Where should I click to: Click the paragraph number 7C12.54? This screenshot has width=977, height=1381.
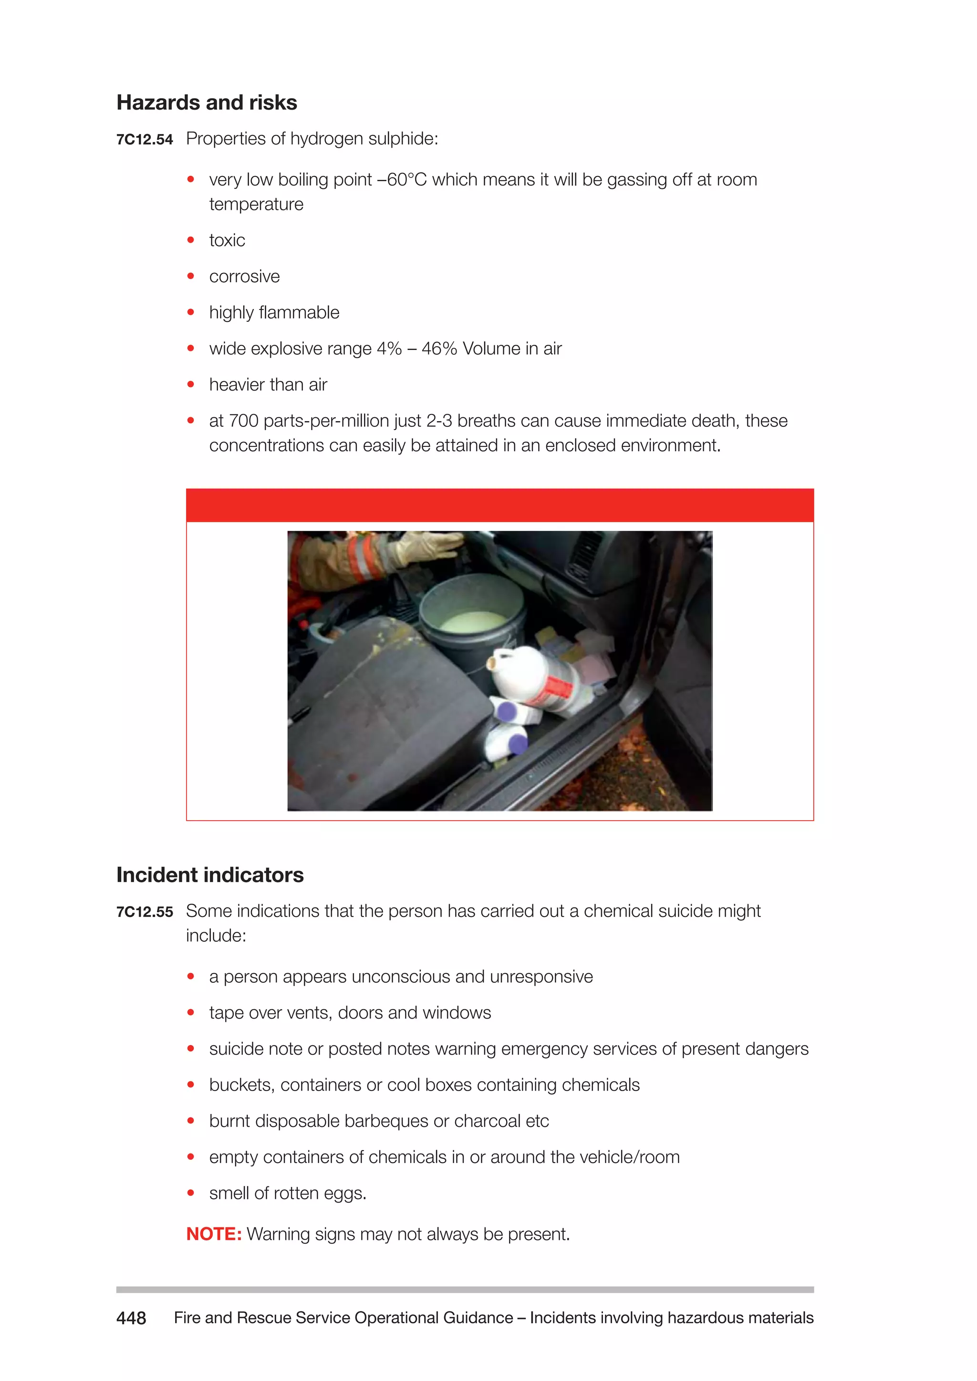[145, 140]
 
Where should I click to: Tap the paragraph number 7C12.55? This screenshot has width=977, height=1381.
[145, 912]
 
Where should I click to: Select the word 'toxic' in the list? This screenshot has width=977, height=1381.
[227, 241]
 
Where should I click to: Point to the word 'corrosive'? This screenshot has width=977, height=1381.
[244, 277]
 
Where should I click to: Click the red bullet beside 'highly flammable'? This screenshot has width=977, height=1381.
[191, 312]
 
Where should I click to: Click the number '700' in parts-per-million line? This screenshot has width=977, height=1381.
[244, 421]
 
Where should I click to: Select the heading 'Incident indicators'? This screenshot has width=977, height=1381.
[210, 875]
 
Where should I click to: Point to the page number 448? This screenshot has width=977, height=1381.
[131, 1318]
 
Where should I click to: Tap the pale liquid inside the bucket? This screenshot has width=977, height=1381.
[474, 621]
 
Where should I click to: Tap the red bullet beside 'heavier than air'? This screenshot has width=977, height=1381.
[191, 384]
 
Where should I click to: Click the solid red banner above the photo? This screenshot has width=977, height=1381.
[499, 505]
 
